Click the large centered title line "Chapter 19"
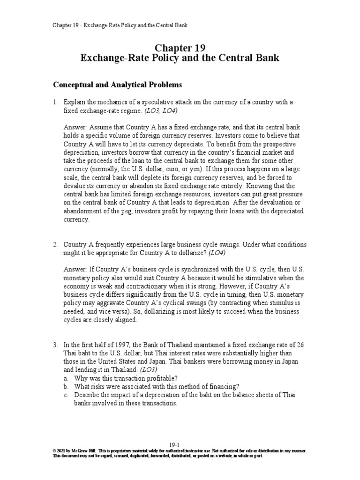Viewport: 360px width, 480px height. [x=180, y=47]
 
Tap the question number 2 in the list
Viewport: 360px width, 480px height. [x=55, y=245]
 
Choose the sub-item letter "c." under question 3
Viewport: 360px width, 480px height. [x=67, y=396]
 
